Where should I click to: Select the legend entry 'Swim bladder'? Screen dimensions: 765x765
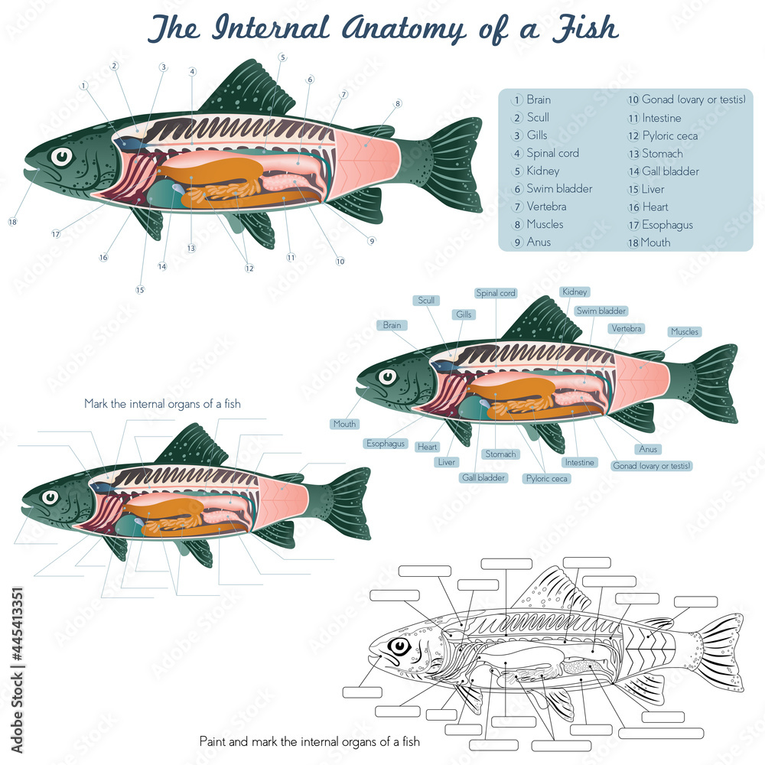click(558, 189)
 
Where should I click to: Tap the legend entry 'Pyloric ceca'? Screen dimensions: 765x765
click(669, 135)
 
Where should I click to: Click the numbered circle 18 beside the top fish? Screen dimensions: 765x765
click(12, 222)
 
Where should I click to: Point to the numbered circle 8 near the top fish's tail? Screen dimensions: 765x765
click(398, 103)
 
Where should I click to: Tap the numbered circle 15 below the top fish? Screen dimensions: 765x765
click(140, 290)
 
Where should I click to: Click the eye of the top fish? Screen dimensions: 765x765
click(60, 157)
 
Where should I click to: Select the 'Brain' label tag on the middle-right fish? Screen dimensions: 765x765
click(392, 325)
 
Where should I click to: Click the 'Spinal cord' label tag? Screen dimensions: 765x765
click(496, 293)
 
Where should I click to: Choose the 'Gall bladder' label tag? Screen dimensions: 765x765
click(483, 477)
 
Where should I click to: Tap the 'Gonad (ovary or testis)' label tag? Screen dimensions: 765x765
click(652, 465)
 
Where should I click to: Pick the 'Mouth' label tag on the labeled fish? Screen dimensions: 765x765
click(344, 424)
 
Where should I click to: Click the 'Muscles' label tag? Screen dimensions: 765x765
click(685, 332)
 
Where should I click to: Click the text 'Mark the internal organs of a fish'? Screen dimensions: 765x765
click(162, 404)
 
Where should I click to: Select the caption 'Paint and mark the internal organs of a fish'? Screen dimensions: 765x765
click(310, 741)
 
